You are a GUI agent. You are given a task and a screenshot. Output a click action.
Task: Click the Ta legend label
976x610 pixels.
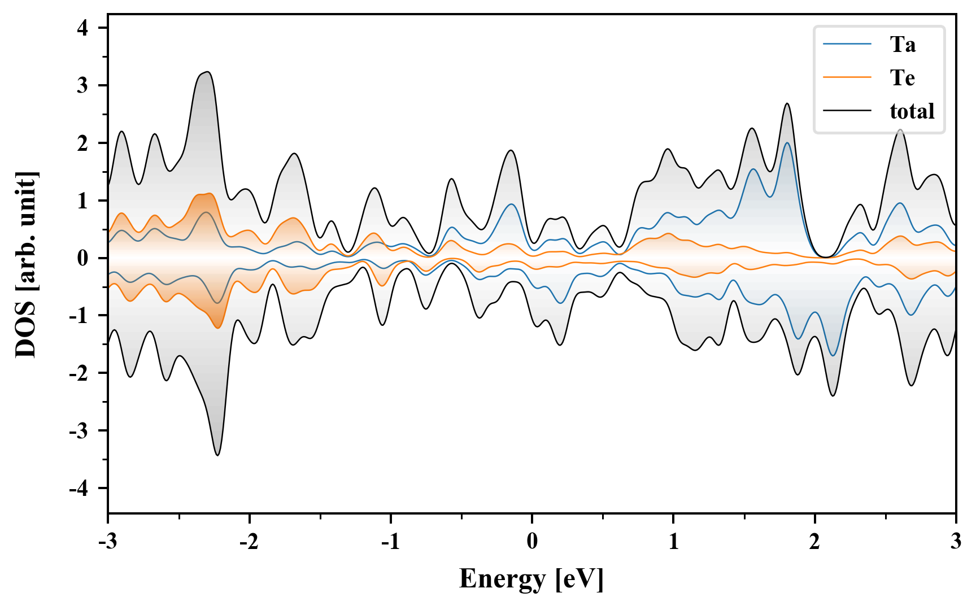click(x=903, y=45)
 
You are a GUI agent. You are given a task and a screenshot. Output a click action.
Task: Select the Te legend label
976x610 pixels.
click(x=902, y=78)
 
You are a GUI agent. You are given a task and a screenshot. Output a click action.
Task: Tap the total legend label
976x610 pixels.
click(x=912, y=111)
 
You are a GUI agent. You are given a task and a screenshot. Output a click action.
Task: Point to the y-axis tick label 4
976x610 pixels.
click(x=83, y=28)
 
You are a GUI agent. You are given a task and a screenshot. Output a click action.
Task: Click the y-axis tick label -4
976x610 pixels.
click(x=79, y=489)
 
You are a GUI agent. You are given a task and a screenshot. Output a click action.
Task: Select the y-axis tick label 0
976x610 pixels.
click(x=83, y=258)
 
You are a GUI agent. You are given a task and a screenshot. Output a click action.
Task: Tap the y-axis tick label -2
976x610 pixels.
click(x=79, y=373)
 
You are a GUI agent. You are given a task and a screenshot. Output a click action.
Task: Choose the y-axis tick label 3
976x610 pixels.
click(x=83, y=86)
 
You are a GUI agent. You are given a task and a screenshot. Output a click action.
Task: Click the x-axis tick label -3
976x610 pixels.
click(x=107, y=542)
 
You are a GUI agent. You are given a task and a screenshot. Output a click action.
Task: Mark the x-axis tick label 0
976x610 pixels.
click(x=532, y=542)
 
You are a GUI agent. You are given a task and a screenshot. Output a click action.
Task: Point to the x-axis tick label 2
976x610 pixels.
click(x=814, y=542)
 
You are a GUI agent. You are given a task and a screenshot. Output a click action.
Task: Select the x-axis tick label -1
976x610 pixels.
click(x=390, y=542)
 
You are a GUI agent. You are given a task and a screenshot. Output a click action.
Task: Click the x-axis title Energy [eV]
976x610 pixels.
click(x=531, y=579)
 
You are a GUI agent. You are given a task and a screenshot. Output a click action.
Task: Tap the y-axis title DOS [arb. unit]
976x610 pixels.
click(x=26, y=264)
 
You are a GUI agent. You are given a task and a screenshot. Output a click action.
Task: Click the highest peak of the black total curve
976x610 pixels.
click(x=208, y=72)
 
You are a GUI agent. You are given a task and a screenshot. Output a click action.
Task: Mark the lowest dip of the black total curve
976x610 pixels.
click(x=218, y=455)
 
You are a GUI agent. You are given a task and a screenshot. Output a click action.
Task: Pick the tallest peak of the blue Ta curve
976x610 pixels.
click(x=787, y=142)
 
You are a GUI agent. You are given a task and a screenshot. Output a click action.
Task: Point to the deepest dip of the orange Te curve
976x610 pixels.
click(x=218, y=328)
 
